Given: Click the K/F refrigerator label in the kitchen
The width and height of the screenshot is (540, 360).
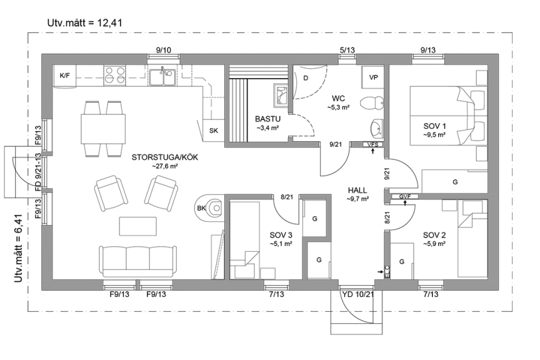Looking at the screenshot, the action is click(x=65, y=76).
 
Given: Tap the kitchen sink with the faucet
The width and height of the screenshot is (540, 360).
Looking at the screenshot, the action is click(x=162, y=76).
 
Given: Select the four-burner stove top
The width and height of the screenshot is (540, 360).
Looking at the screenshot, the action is click(x=115, y=75).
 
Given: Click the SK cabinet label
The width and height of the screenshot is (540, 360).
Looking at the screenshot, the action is click(x=214, y=131).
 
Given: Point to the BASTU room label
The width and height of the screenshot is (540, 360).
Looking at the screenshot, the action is click(x=267, y=119).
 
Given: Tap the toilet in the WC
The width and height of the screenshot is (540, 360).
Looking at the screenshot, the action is click(x=372, y=102).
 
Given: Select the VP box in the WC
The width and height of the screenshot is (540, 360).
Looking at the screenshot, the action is click(x=373, y=77).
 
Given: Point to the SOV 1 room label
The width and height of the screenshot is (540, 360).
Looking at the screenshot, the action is click(x=434, y=126).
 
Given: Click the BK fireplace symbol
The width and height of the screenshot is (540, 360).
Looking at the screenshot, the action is click(x=209, y=207).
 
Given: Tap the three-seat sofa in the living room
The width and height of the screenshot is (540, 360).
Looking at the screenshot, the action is click(x=137, y=261).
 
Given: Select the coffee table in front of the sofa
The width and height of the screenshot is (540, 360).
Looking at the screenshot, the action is click(x=137, y=226).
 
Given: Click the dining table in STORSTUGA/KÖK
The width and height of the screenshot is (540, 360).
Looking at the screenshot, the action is click(x=103, y=129).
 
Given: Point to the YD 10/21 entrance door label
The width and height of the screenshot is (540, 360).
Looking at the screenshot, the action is click(x=358, y=294).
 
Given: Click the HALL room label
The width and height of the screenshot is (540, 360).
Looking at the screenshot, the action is click(x=357, y=190).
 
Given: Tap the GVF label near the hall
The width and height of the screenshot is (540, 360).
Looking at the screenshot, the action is click(x=404, y=197).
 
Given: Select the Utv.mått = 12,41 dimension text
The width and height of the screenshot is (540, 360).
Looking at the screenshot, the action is click(x=84, y=23).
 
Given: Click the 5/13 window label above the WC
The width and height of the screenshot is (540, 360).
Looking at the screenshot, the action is click(x=347, y=50).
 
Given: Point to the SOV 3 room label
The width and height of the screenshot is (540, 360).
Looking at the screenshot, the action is click(x=281, y=235).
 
